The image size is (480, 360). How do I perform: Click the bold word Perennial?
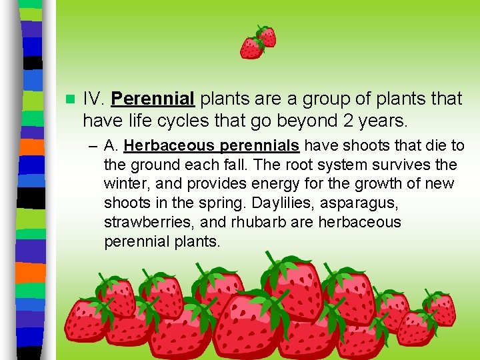coord(152,99)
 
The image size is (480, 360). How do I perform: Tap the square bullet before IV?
coord(69,99)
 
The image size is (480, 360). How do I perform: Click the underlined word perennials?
coord(261,145)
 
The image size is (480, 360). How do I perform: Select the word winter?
coord(125,183)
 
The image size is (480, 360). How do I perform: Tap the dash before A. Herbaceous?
coord(92,145)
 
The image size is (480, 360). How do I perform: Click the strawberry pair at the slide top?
coord(258,41)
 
